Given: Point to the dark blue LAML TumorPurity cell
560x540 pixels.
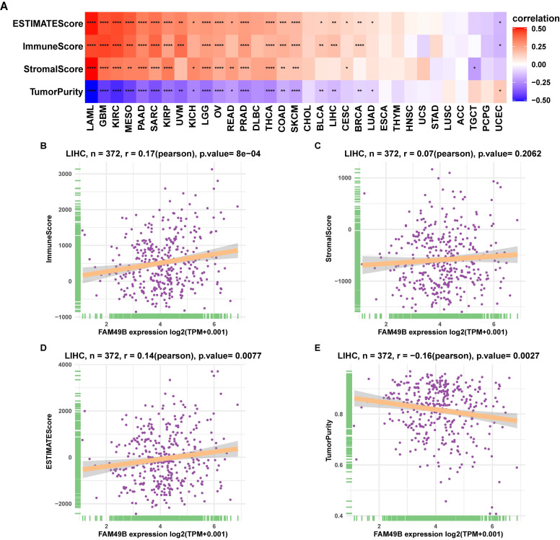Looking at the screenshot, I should [x=91, y=91].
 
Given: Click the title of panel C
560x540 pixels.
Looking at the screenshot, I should [x=421, y=155].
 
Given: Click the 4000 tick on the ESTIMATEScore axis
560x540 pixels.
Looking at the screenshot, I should [x=64, y=365].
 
